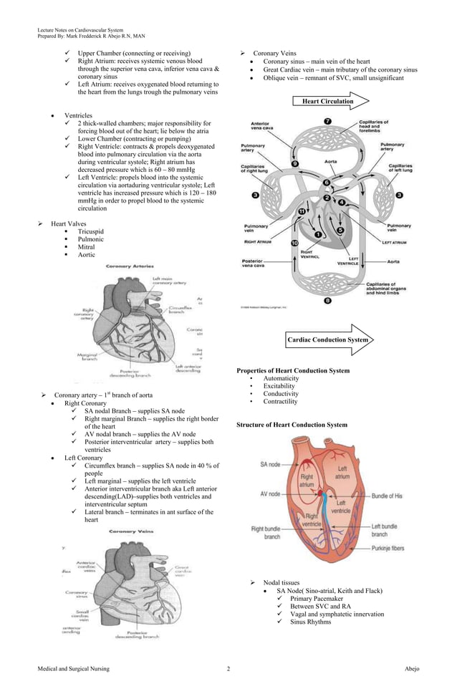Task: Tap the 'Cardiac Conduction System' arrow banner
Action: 328,339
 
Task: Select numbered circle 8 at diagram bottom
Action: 327,301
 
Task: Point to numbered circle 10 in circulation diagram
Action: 294,244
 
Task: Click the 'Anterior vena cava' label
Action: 260,126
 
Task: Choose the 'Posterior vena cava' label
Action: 257,264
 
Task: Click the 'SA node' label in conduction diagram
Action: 270,464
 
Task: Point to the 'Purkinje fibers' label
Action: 388,549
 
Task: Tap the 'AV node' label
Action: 270,494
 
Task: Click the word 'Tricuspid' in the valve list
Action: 91,231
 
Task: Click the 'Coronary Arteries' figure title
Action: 130,266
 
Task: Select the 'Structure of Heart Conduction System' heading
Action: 292,425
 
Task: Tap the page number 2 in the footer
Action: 228,669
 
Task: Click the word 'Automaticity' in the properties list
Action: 281,378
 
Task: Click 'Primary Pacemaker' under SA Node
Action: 317,598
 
